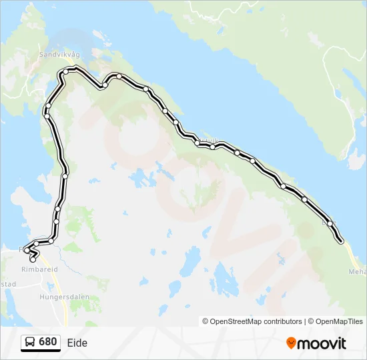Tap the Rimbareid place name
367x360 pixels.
pos(39,269)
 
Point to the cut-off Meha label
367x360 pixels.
pos(357,271)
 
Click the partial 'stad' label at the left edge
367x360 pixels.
pos(8,283)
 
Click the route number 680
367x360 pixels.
pos(47,342)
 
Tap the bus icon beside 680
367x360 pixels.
pos(30,343)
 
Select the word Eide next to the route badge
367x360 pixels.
pos(77,343)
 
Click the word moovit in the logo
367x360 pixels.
pos(322,343)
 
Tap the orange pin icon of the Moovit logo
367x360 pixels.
pos(291,343)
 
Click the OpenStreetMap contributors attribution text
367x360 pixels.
pos(256,321)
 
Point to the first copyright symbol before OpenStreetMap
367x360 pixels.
pos(206,321)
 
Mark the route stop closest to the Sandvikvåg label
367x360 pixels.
pos(66,71)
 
